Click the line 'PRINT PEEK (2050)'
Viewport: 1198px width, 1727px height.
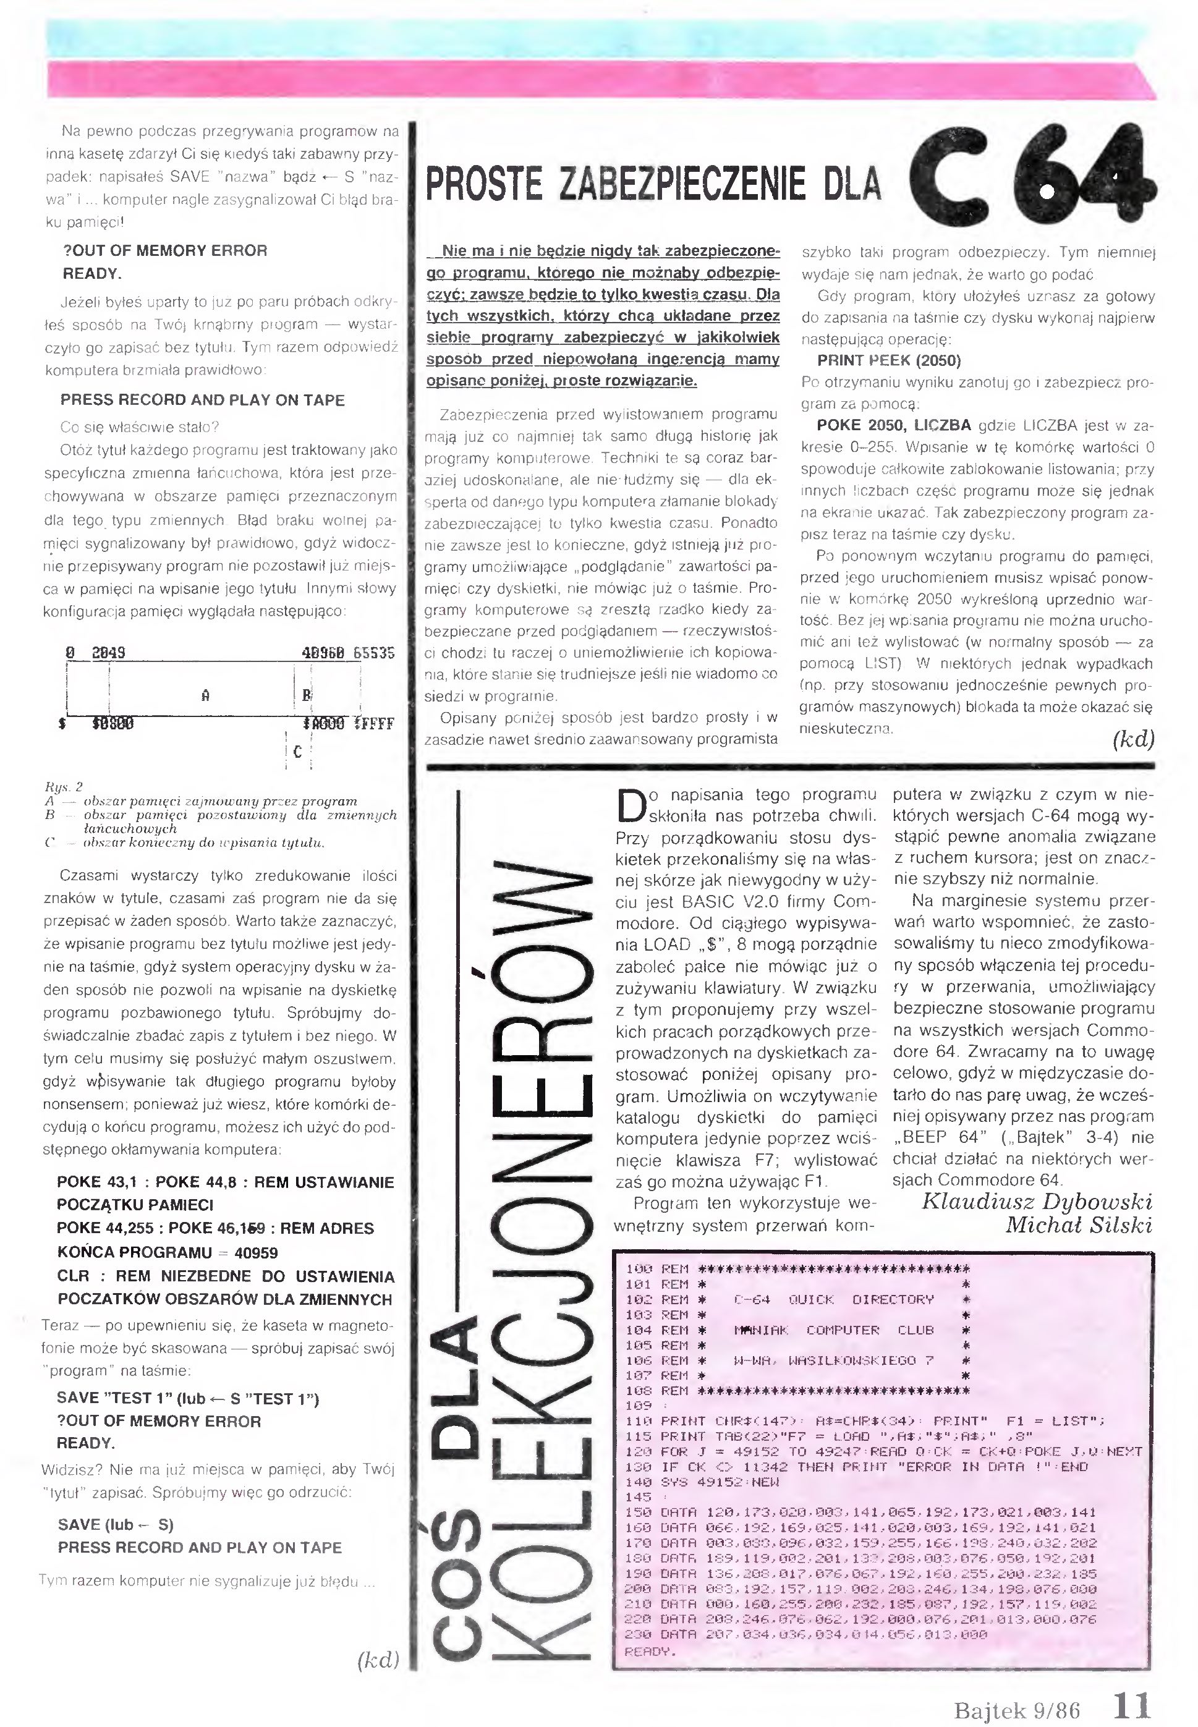tap(889, 360)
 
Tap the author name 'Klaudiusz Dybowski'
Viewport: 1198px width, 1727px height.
tap(1037, 1201)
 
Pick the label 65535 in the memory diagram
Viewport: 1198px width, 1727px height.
tap(373, 653)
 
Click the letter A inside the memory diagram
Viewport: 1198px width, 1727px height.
tap(205, 695)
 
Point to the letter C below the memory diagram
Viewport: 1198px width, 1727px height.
tap(298, 751)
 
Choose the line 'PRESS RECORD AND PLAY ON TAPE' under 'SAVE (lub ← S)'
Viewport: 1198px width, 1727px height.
tap(200, 1548)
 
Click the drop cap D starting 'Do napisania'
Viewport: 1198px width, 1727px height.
tap(629, 804)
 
